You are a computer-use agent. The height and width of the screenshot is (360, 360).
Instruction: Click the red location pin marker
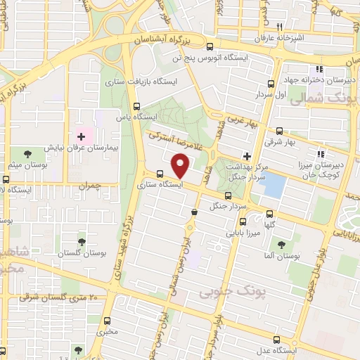point(181,165)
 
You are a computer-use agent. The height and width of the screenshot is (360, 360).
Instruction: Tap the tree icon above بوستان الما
point(282,245)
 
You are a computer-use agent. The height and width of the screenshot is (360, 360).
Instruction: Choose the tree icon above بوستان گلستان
point(82,242)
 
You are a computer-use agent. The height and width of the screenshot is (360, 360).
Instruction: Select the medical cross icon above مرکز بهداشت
point(247,155)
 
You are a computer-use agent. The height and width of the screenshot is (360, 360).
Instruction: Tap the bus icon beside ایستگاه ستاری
point(160,174)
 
